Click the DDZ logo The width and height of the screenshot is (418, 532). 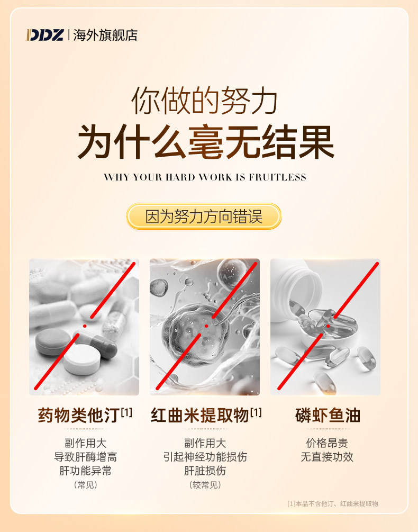[45, 35]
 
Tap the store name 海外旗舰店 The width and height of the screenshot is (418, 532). [105, 35]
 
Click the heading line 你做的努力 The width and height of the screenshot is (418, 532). [204, 101]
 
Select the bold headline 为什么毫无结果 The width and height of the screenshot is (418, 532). [206, 141]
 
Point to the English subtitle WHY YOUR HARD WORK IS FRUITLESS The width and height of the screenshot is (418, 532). [205, 177]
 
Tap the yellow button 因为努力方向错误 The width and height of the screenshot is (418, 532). [204, 217]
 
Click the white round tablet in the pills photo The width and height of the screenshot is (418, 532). [83, 359]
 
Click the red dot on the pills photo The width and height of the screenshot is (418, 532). [85, 326]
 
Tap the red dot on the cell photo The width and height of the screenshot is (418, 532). [206, 326]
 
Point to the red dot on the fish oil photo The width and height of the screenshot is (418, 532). [328, 326]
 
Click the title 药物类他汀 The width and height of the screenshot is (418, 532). [79, 416]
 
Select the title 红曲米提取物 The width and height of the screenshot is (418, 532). [200, 416]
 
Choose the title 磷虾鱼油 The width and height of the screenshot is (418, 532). [328, 416]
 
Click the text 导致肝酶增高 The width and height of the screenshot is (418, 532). [85, 457]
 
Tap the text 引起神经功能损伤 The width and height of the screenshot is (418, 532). [205, 457]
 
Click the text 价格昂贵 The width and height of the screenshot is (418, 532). [327, 443]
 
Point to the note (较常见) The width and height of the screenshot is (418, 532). [205, 485]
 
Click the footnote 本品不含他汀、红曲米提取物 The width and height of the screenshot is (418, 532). [337, 504]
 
